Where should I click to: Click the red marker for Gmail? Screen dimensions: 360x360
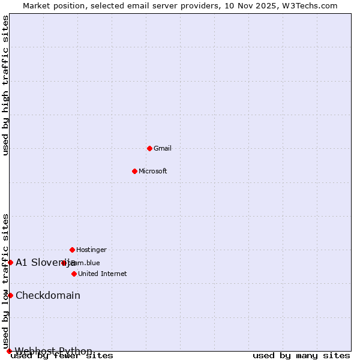(x=149, y=148)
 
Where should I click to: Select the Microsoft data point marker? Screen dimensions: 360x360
(x=134, y=171)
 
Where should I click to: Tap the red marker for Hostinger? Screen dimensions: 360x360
(x=72, y=250)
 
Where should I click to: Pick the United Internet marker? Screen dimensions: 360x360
(x=74, y=274)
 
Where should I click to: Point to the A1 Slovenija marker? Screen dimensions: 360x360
(x=10, y=262)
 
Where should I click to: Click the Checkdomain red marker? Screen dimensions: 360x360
(x=10, y=295)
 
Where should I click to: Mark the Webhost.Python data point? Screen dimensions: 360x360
(x=9, y=351)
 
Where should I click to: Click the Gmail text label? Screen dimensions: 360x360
(x=163, y=148)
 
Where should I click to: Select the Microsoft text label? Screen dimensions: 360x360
(x=153, y=171)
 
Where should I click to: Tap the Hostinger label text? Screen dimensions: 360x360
(x=91, y=250)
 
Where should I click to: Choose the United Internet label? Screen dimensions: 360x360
(x=103, y=274)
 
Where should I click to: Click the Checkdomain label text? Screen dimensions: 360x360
(x=48, y=295)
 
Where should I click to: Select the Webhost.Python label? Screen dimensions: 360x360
(x=54, y=351)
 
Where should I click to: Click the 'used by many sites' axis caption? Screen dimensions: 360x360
(x=301, y=356)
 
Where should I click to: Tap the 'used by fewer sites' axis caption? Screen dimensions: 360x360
(x=62, y=356)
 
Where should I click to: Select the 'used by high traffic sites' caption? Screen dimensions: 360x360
(x=6, y=85)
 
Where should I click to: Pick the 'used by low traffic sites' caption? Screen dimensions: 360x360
(x=6, y=281)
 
